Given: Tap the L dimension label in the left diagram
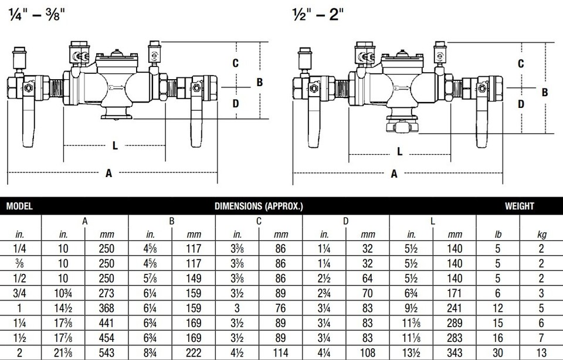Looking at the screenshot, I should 115,146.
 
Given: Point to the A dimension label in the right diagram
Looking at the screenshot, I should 394,174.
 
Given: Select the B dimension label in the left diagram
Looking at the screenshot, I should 259,82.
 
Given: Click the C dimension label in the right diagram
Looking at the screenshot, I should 521,63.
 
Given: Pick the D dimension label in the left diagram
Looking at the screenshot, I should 235,104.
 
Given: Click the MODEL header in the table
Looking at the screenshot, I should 19,206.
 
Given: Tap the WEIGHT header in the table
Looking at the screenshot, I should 519,206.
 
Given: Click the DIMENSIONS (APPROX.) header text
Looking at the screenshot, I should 259,206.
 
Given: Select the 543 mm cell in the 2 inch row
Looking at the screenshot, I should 106,352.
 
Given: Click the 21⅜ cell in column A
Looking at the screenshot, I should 63,352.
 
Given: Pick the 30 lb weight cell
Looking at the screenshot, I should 497,352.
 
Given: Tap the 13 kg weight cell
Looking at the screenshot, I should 541,352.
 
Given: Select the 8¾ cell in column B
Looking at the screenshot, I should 150,352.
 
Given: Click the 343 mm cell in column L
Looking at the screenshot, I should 454,352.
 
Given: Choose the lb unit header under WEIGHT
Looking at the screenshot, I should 497,235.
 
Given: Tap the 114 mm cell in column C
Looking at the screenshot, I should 280,352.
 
